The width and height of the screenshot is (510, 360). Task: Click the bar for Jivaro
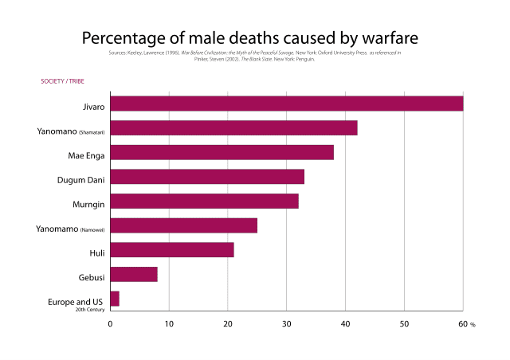pyautogui.click(x=287, y=104)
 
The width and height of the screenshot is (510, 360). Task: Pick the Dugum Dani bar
pyautogui.click(x=207, y=177)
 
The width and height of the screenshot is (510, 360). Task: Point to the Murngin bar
pyautogui.click(x=204, y=201)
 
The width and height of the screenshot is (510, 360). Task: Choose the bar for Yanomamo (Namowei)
pyautogui.click(x=183, y=225)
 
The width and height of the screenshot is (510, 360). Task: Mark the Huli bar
pyautogui.click(x=172, y=250)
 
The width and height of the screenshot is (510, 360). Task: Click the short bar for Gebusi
pyautogui.click(x=134, y=275)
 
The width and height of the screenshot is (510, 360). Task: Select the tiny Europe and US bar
pyautogui.click(x=115, y=299)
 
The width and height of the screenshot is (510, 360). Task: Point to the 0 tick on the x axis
pyautogui.click(x=111, y=324)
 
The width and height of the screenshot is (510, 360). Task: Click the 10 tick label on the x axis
pyautogui.click(x=169, y=324)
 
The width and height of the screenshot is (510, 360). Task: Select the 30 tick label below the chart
pyautogui.click(x=286, y=324)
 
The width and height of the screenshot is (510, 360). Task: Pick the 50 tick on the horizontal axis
pyautogui.click(x=404, y=324)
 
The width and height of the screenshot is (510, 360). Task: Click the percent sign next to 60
pyautogui.click(x=473, y=325)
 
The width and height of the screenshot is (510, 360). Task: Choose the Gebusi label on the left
pyautogui.click(x=91, y=275)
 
